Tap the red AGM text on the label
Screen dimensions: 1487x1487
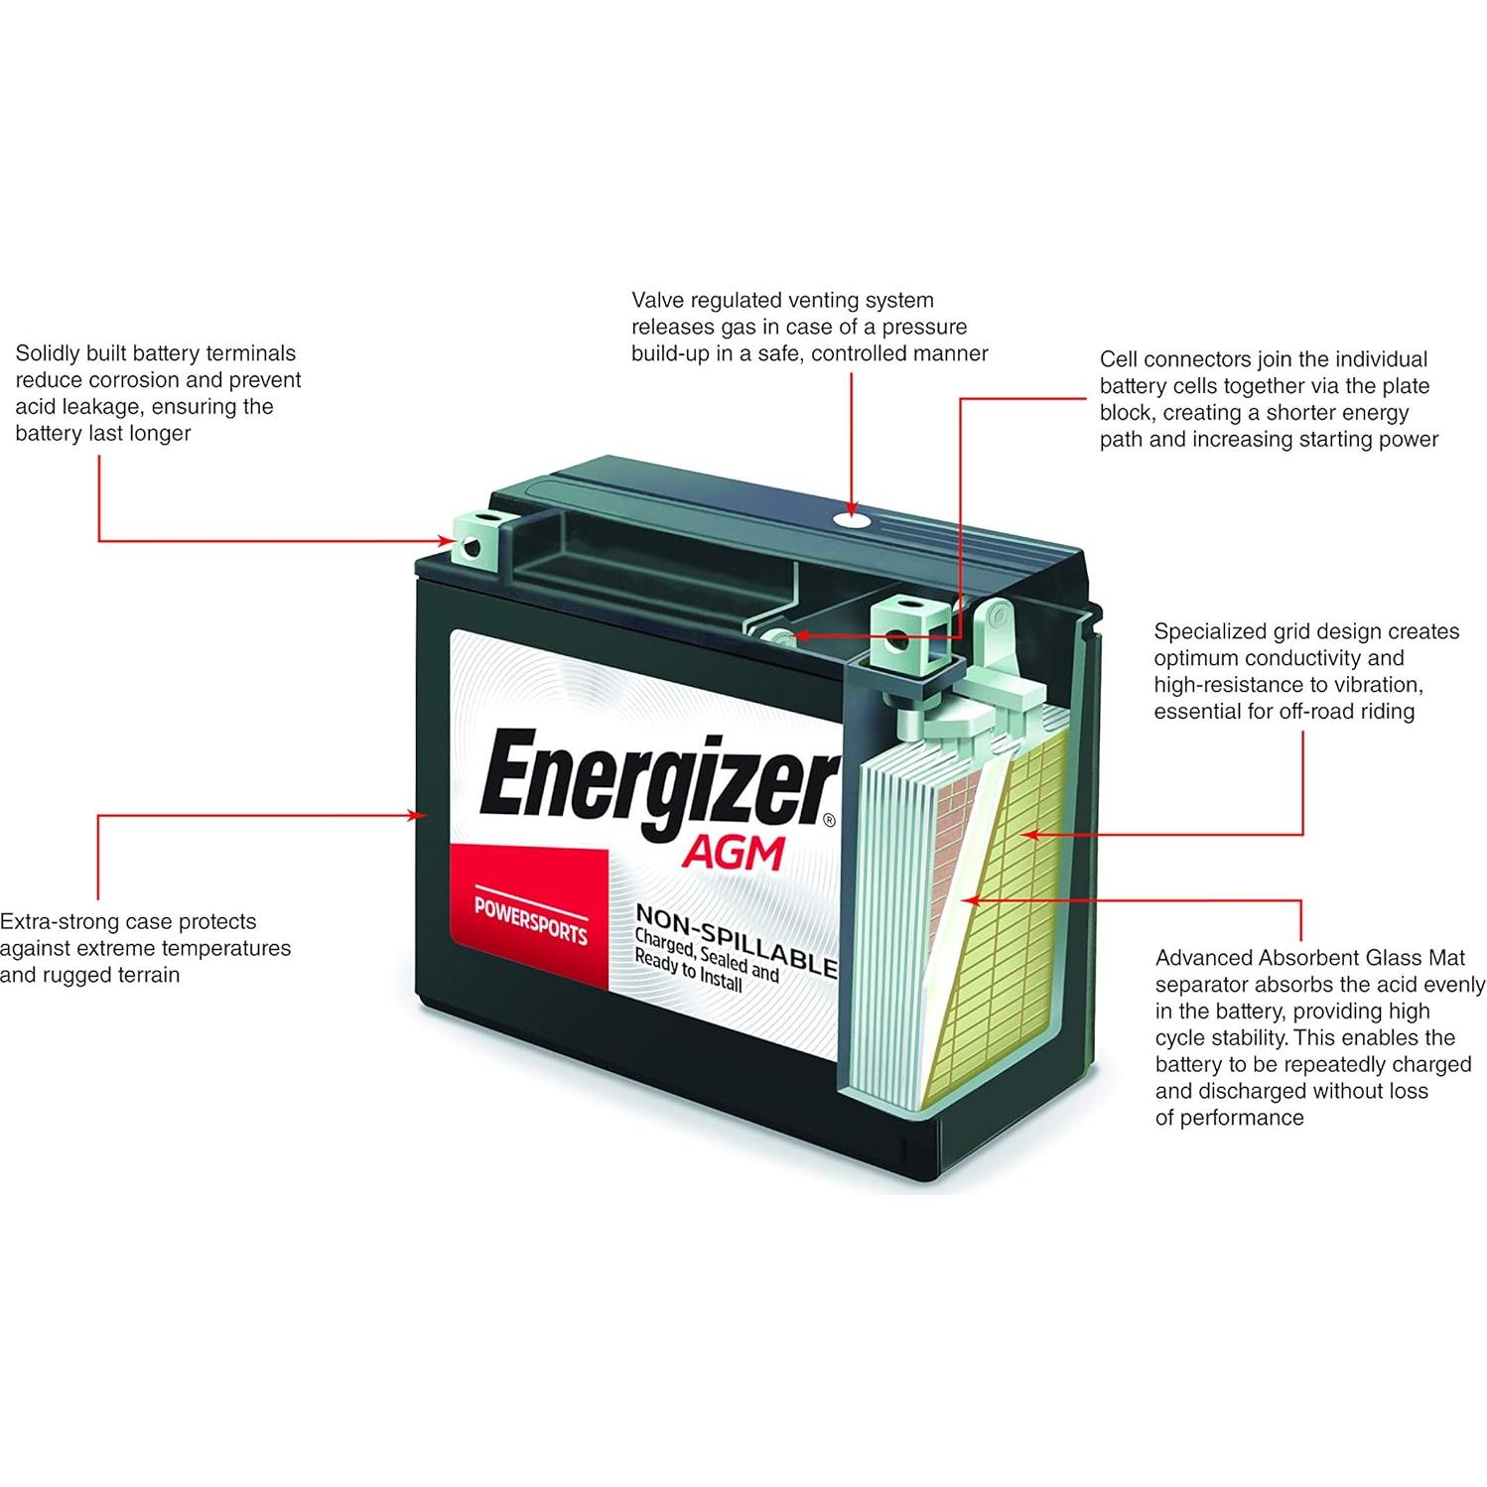(x=733, y=853)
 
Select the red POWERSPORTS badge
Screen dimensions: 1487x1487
(x=529, y=918)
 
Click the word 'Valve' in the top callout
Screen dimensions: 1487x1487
(x=658, y=300)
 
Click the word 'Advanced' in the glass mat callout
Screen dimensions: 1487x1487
(x=1203, y=958)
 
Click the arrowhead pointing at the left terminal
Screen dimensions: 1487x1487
(x=448, y=541)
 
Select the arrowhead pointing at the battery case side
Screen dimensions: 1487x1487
(x=419, y=816)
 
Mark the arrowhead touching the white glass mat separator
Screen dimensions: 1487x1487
(x=972, y=900)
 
